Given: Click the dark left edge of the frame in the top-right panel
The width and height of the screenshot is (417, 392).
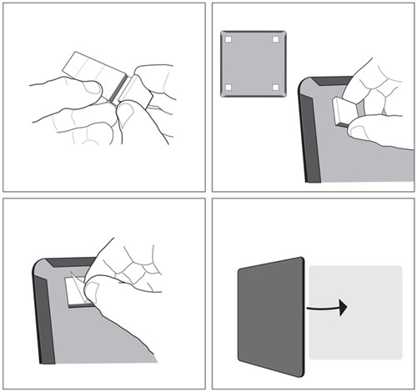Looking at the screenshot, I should click(306, 133).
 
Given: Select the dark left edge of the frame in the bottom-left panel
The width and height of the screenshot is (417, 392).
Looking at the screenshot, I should click(43, 317).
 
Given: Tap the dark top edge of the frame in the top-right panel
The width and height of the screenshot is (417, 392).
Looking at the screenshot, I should click(321, 82).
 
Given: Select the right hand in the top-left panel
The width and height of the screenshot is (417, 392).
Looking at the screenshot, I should click(150, 96).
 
